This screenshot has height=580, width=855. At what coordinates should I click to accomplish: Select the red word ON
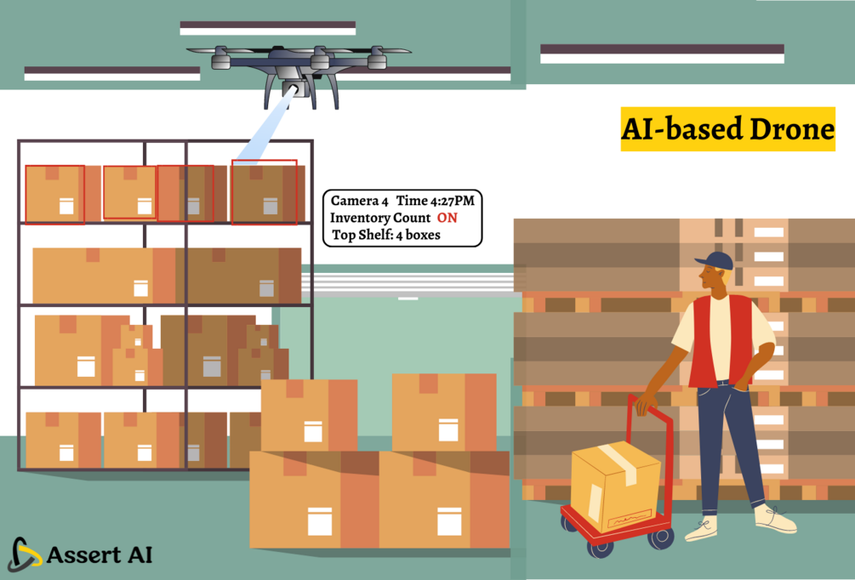(x=447, y=218)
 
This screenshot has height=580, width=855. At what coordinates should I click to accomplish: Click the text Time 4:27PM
(x=435, y=201)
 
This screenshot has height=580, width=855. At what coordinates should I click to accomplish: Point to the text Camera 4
(x=359, y=201)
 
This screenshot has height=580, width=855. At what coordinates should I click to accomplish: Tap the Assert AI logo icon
(x=24, y=554)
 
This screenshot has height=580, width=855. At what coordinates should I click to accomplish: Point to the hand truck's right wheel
(x=660, y=537)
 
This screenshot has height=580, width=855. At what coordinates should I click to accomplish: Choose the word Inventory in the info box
(x=355, y=218)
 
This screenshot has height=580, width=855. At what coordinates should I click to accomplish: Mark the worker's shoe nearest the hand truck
(x=701, y=528)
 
